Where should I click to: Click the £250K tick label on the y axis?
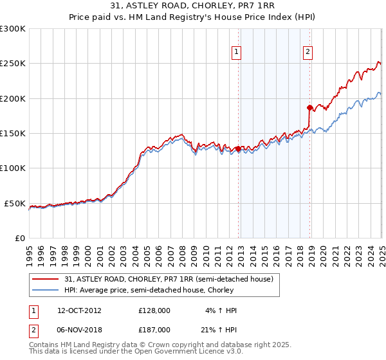pos(12,64)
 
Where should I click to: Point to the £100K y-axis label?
pos(12,168)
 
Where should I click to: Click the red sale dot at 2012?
pos(238,148)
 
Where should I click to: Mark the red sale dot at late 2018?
pos(309,107)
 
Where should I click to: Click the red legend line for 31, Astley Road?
pos(46,279)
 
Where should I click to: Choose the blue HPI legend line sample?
pos(46,290)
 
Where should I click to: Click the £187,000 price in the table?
pos(154,329)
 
